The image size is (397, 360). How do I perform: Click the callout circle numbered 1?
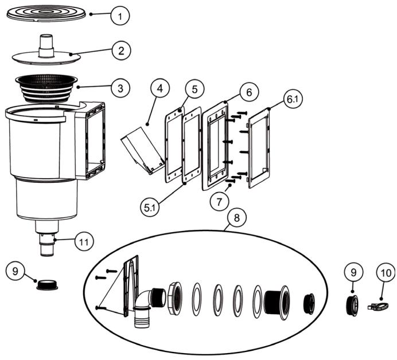(119, 16)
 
